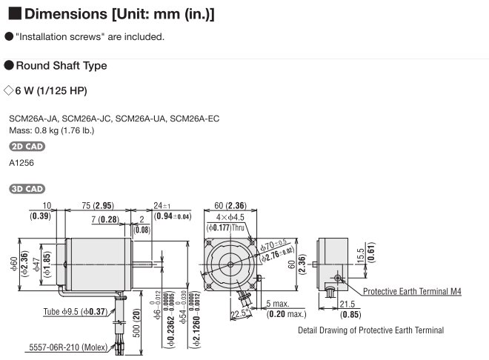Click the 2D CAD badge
click(x=27, y=146)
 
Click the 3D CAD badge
click(x=27, y=189)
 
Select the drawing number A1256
click(x=21, y=162)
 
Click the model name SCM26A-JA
click(x=33, y=119)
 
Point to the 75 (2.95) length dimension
click(x=96, y=205)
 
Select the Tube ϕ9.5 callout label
click(x=75, y=311)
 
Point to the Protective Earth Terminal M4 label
click(x=412, y=292)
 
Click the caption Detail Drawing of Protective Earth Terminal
click(x=370, y=330)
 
